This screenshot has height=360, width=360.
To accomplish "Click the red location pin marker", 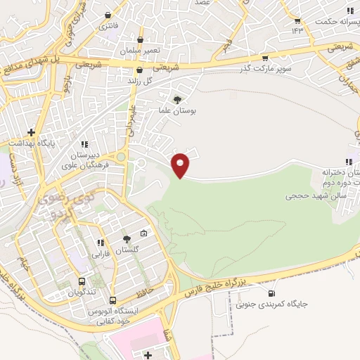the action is (x=181, y=165).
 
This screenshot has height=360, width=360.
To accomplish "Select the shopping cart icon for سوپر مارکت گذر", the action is (x=265, y=58).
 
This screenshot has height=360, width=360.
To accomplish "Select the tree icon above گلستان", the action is (x=127, y=239).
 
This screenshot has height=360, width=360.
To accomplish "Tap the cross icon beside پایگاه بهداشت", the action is (x=31, y=131).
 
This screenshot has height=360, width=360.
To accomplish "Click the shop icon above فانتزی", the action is (x=108, y=15).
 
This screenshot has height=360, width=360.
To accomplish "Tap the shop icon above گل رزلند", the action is (x=139, y=70).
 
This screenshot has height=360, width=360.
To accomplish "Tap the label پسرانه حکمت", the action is (x=334, y=21).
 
